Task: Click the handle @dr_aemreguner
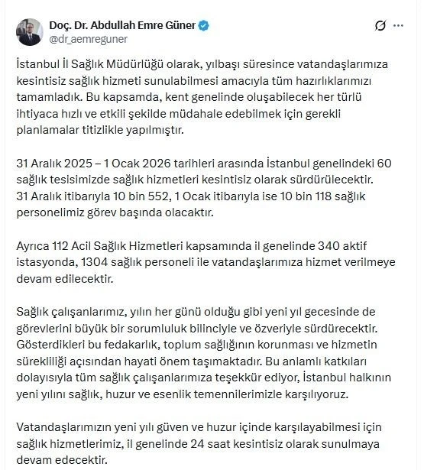[x=89, y=38]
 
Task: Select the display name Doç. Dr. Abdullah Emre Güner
[x=122, y=24]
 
